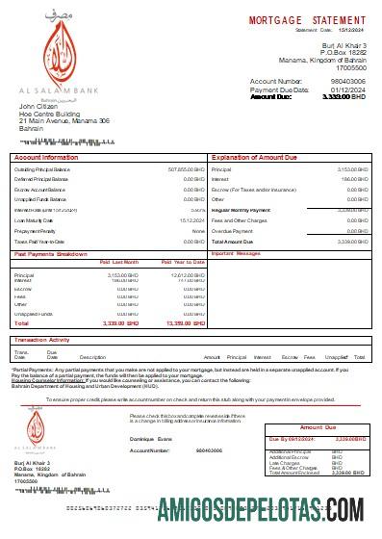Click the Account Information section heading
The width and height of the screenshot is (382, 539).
46,156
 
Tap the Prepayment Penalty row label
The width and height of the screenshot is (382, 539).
36,231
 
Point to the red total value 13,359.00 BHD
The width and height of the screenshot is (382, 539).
186,323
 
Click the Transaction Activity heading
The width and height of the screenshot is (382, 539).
48,340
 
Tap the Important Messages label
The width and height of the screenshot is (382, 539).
237,253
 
